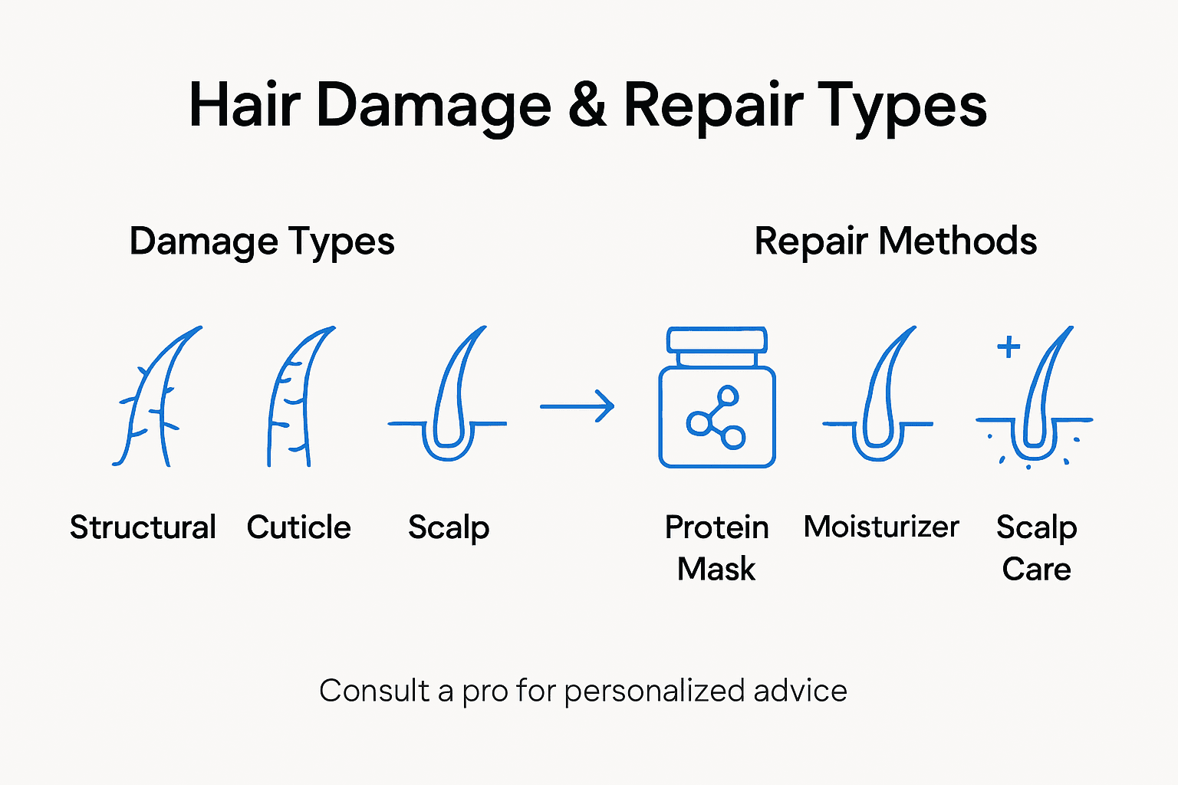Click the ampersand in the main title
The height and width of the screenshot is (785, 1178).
pyautogui.click(x=587, y=105)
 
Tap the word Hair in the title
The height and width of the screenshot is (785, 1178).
pyautogui.click(x=243, y=105)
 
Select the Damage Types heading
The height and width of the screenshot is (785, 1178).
pyautogui.click(x=262, y=241)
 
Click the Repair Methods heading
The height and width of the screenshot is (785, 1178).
pyautogui.click(x=895, y=241)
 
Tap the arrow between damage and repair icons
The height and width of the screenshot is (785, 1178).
pyautogui.click(x=577, y=406)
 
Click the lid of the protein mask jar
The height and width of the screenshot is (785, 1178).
pyautogui.click(x=717, y=340)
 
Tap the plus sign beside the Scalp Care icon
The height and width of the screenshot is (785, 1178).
pyautogui.click(x=1009, y=347)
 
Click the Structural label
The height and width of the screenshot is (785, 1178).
pyautogui.click(x=143, y=527)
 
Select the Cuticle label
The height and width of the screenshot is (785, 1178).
pyautogui.click(x=298, y=527)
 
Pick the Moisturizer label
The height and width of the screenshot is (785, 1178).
pyautogui.click(x=881, y=527)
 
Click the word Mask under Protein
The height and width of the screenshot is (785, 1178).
pyautogui.click(x=716, y=569)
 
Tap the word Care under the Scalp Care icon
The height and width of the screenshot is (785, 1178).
pyautogui.click(x=1036, y=569)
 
